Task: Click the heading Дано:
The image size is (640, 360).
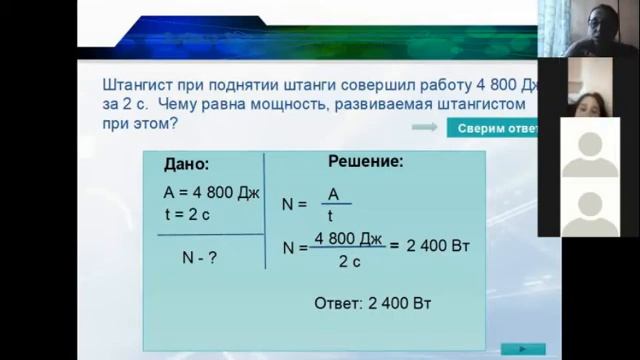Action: [x=186, y=164]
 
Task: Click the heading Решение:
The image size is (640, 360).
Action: [x=366, y=160]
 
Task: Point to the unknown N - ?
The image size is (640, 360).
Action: [x=200, y=257]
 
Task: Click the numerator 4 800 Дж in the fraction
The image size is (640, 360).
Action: [x=349, y=238]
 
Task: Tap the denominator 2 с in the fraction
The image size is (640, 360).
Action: [x=350, y=262]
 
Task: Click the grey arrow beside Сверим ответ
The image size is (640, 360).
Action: [x=424, y=128]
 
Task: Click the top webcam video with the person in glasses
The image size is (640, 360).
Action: [x=588, y=28]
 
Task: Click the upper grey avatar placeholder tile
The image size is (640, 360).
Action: [x=589, y=148]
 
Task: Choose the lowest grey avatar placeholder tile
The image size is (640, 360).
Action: [x=589, y=207]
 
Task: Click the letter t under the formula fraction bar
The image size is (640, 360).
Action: [x=330, y=215]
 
